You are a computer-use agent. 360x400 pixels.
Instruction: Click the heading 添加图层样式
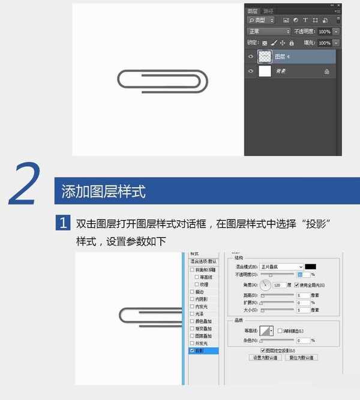click(x=103, y=192)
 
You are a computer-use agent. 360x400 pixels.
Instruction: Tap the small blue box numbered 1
click(x=64, y=224)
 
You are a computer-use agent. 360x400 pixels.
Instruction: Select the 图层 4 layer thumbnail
click(x=265, y=56)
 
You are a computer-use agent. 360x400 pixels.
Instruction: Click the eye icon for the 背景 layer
click(x=251, y=71)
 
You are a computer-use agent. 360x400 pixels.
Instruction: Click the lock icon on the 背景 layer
click(x=327, y=71)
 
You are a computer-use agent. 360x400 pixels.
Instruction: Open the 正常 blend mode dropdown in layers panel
click(x=269, y=31)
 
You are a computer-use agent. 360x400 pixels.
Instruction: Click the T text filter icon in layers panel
click(x=305, y=20)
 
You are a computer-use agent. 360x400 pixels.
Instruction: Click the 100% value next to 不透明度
click(x=324, y=31)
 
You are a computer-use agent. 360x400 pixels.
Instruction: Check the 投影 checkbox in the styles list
click(x=192, y=350)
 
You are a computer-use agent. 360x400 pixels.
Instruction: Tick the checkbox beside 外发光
click(x=192, y=343)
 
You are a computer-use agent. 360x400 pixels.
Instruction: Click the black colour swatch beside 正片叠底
click(x=310, y=266)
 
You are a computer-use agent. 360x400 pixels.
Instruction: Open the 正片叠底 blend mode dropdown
click(x=282, y=266)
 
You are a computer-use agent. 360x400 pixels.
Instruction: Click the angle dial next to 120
click(x=265, y=285)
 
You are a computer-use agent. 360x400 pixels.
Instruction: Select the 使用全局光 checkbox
click(x=296, y=285)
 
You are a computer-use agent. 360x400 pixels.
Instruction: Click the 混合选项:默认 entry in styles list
click(x=203, y=261)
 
